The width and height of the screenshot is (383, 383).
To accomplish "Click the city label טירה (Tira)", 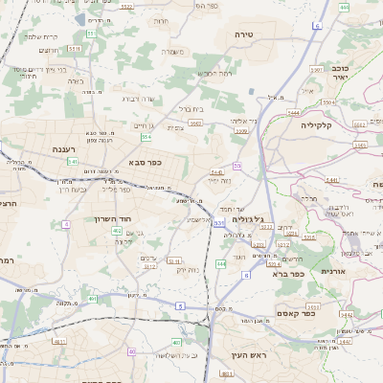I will (242, 34).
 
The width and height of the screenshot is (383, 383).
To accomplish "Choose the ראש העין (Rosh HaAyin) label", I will (246, 355).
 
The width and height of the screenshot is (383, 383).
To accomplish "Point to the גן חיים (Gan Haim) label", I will (141, 124).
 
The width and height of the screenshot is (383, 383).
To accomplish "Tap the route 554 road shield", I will (146, 138).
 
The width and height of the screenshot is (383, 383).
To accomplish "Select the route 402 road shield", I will (117, 231).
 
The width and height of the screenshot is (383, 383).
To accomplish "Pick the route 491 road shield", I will (93, 299).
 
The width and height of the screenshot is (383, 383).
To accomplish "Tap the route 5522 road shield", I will (127, 7).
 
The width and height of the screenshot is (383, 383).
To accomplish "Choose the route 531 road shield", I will (219, 223).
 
